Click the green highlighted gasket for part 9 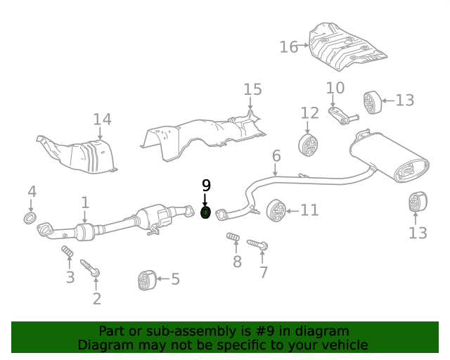(x=206, y=213)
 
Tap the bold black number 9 (x=206, y=186)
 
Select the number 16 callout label (x=289, y=47)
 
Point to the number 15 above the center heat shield (x=252, y=89)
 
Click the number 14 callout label (x=102, y=119)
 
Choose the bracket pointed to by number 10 (x=342, y=115)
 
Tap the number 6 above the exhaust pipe (x=276, y=155)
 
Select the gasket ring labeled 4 (x=30, y=218)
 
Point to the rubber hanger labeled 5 (x=146, y=279)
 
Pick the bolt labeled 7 (x=257, y=245)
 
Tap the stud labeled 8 (x=234, y=240)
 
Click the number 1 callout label (x=85, y=203)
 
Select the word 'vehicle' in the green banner (x=344, y=345)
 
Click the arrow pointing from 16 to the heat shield (x=304, y=46)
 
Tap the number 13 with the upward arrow (x=418, y=233)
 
